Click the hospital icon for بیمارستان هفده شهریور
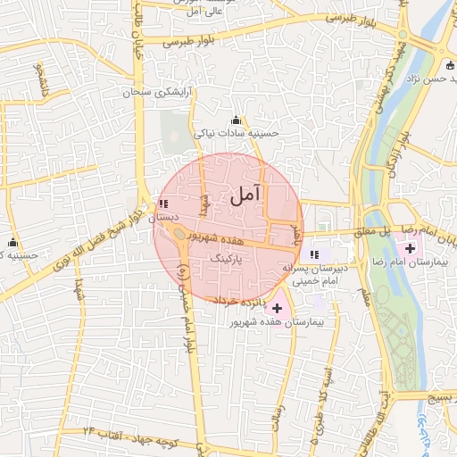point(277,307)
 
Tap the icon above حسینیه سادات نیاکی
point(236,120)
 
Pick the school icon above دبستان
point(162,204)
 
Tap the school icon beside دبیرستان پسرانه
point(314,255)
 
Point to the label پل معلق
point(397,230)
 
